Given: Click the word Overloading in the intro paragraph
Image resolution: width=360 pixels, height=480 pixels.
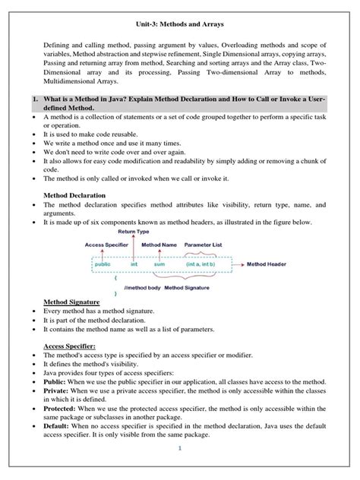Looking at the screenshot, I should point(241,45).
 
